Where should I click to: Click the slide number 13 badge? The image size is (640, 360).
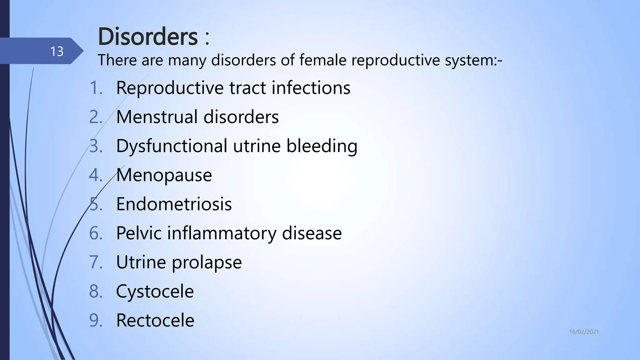click(57, 51)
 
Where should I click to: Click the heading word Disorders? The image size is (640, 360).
click(148, 37)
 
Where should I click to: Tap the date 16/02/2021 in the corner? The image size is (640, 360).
click(584, 332)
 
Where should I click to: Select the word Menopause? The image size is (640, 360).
click(164, 175)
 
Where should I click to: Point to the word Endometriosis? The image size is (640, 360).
click(174, 204)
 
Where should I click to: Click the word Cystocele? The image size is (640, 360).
click(155, 291)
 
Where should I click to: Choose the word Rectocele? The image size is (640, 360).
click(155, 320)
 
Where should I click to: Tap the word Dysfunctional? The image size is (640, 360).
click(172, 146)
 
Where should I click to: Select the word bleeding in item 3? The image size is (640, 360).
click(322, 146)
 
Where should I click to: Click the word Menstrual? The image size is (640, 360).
click(157, 117)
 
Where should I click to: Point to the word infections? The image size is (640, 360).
click(311, 88)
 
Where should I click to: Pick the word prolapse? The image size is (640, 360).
click(207, 262)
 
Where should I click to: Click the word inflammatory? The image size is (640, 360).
click(222, 233)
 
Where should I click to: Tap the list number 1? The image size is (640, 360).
click(95, 88)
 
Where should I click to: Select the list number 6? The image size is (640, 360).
click(95, 233)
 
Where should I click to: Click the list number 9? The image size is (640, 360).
click(95, 320)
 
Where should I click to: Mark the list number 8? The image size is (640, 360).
click(95, 291)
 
